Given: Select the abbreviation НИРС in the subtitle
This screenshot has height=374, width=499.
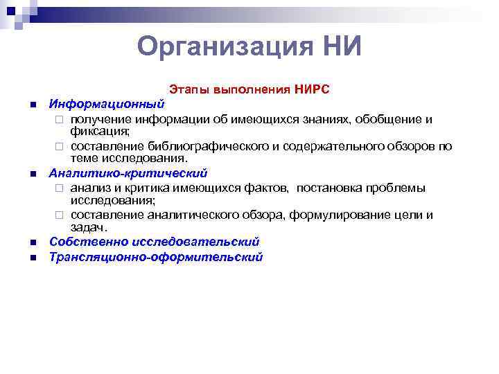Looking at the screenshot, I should (312, 90).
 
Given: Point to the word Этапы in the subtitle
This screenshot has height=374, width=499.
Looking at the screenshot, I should (189, 90).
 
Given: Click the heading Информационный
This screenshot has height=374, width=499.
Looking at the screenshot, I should (106, 105).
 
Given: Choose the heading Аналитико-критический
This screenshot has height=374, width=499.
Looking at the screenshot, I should (128, 173).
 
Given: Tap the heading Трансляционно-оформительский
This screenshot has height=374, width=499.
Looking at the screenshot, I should (155, 257).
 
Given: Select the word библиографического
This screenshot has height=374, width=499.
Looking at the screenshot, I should (207, 146).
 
